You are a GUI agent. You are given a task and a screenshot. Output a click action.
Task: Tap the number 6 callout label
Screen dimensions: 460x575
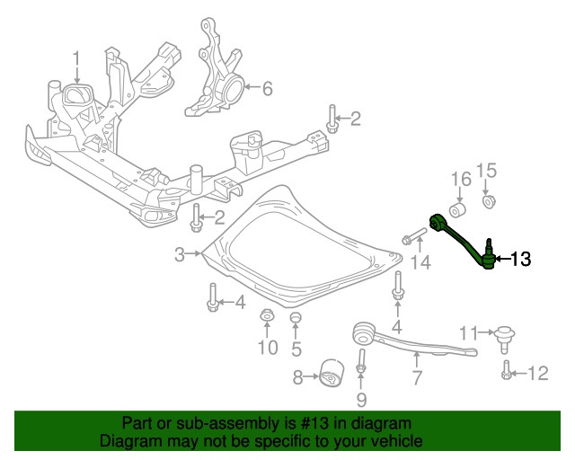(267, 88)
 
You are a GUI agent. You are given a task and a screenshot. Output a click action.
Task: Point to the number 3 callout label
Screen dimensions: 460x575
(180, 254)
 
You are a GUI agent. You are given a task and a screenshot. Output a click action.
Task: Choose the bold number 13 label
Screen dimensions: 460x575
(520, 261)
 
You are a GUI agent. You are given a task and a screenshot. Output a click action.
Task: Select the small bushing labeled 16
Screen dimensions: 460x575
(458, 210)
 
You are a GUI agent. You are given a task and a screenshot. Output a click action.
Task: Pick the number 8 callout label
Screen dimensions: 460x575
(298, 378)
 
